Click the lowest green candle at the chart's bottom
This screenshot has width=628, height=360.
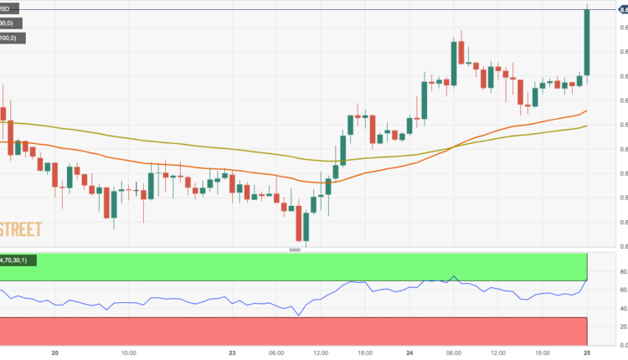pyautogui.click(x=306, y=226)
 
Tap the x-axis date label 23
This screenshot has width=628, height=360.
pyautogui.click(x=232, y=353)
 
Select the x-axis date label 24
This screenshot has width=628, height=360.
pyautogui.click(x=413, y=353)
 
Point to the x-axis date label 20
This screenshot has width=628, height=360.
pyautogui.click(x=54, y=353)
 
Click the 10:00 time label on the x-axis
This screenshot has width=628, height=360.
pyautogui.click(x=128, y=353)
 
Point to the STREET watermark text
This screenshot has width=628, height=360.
pyautogui.click(x=20, y=229)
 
